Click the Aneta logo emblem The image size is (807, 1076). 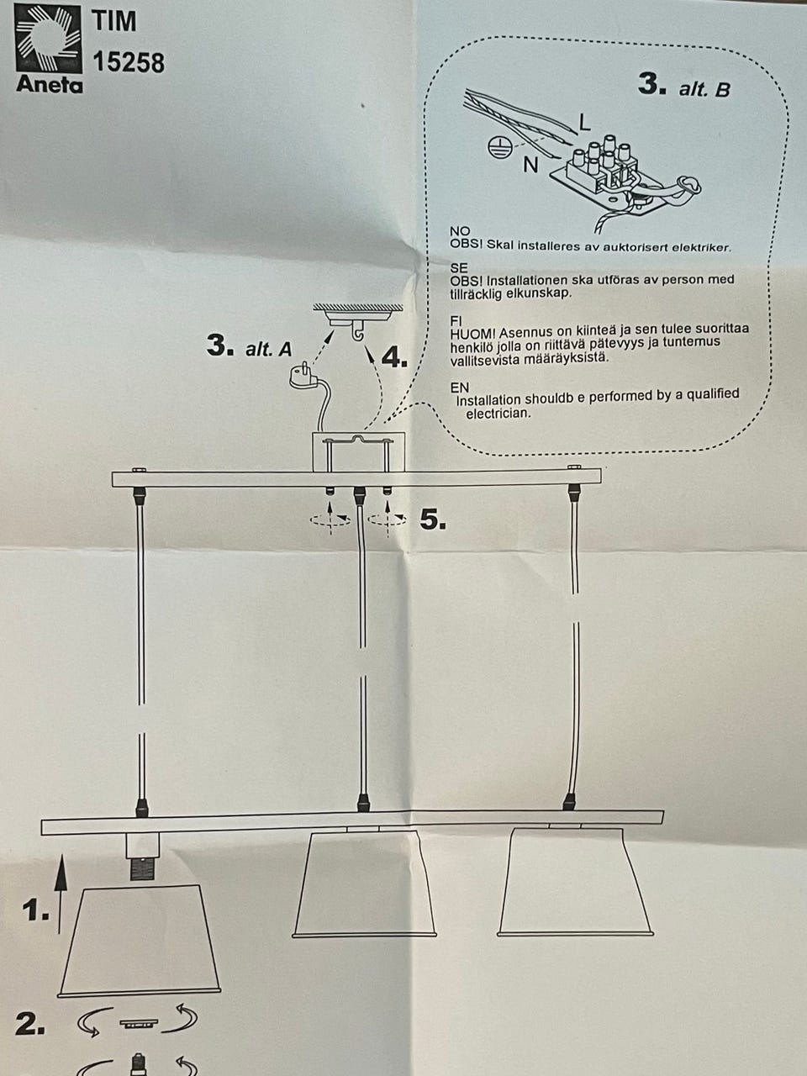[48, 40]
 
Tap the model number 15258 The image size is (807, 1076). [129, 63]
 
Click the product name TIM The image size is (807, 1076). [114, 21]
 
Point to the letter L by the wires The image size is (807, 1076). [584, 123]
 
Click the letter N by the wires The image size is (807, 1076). [530, 166]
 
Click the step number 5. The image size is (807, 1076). [433, 520]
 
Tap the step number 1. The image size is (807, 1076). [35, 910]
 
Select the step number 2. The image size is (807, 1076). [30, 1025]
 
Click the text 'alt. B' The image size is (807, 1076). [704, 89]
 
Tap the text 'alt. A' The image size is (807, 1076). [268, 349]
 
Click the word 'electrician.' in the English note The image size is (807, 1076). [498, 413]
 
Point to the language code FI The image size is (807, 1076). [456, 320]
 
